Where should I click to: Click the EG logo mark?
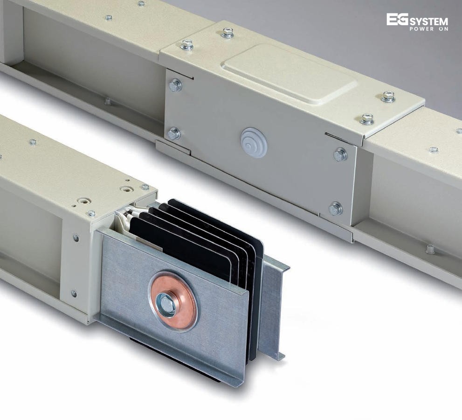coord(397,20)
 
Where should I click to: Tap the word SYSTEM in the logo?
coord(429,22)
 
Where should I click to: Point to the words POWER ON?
coord(429,29)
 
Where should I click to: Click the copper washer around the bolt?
coord(173,304)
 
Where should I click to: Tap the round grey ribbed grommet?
coord(254,143)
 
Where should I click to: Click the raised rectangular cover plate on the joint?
coord(289,74)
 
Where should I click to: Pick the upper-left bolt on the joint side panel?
coord(176,85)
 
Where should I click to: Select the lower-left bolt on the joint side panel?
coord(174,133)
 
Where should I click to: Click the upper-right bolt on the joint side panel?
coord(340,155)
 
